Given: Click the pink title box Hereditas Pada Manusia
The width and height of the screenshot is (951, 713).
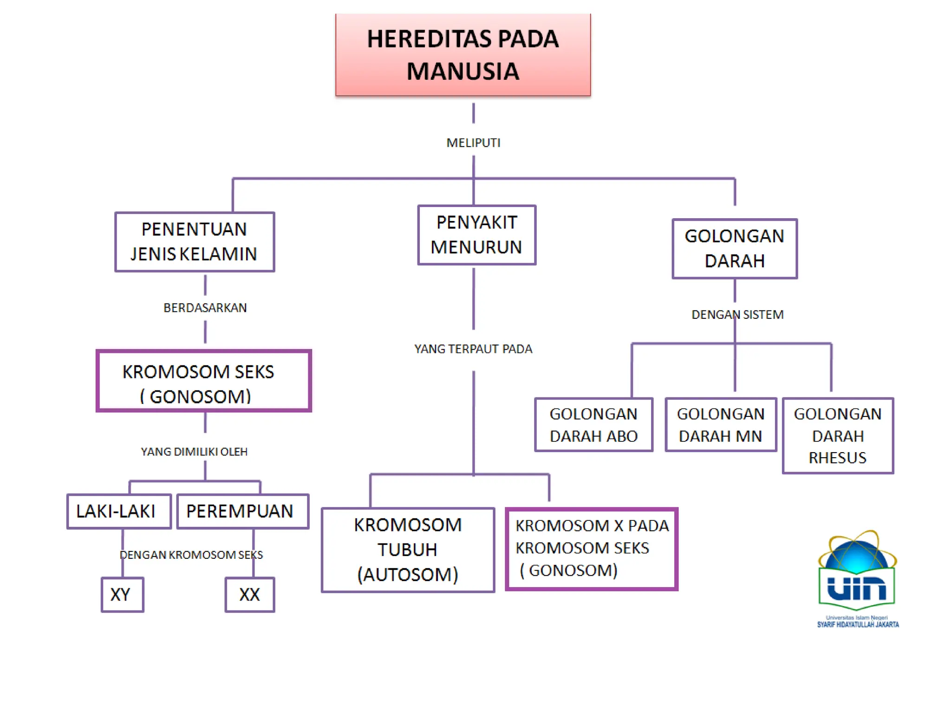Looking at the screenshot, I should tap(463, 55).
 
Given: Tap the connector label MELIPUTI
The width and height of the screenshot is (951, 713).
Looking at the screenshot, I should tap(473, 143).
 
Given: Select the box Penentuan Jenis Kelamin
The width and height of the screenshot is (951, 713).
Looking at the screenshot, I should tap(195, 242).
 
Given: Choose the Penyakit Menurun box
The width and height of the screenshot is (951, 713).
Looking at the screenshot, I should tap(476, 235).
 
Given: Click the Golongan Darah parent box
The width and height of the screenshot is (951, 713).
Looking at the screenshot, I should tap(734, 249).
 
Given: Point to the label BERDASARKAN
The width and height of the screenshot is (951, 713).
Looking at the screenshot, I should tap(205, 308).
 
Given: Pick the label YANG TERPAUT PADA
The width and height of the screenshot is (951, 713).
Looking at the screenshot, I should tap(473, 349).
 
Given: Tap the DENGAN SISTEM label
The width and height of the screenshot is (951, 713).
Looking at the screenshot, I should tap(737, 315).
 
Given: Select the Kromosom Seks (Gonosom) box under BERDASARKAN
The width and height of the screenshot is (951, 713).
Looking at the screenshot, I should tap(203, 381).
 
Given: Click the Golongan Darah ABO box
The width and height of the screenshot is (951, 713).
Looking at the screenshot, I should tap(593, 425).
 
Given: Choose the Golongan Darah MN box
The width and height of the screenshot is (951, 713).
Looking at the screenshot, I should tap(721, 425).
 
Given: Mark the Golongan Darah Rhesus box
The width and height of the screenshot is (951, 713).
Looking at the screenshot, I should tap(838, 435).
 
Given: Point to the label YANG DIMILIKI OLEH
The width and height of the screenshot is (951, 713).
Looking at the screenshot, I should tap(194, 452).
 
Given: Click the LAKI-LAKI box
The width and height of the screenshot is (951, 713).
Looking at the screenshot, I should tap(119, 511).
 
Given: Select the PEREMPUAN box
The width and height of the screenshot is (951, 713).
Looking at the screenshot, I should tap(242, 511).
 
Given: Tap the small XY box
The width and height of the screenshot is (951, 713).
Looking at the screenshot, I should tap(122, 595).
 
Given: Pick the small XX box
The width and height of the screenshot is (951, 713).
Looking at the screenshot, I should tap(250, 595).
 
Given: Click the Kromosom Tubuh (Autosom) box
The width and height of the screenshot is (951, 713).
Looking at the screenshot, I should tap(408, 550).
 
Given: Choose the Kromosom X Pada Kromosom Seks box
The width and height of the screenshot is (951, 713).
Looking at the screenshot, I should tap(592, 549).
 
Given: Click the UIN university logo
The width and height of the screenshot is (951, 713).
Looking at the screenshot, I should tap(857, 578).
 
